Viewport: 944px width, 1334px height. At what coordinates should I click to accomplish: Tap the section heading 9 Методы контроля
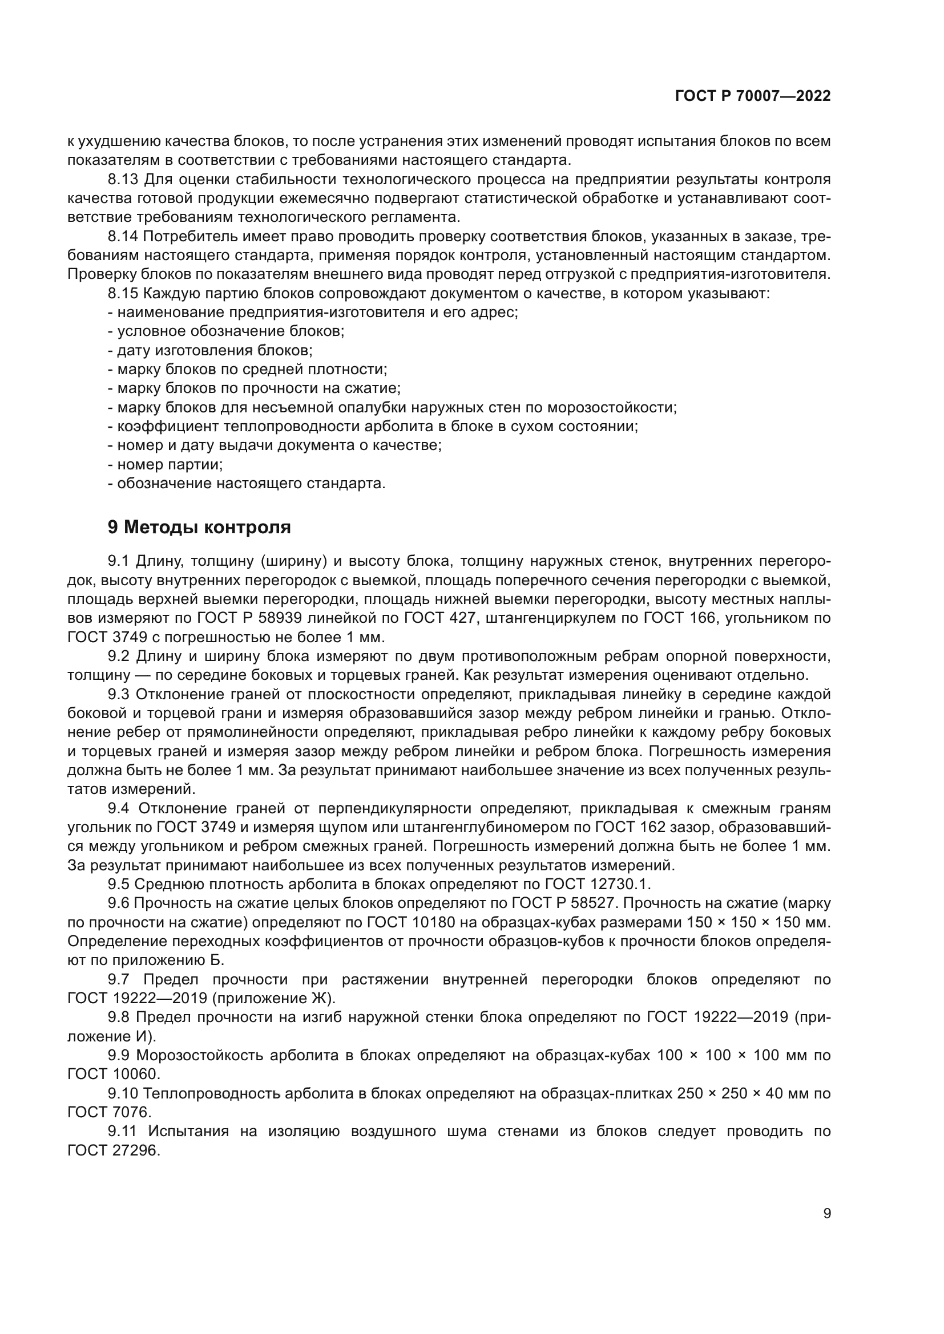tap(199, 528)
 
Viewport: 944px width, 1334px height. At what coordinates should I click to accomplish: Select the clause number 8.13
tap(123, 180)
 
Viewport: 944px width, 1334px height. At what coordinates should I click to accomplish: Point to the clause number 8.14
tap(123, 237)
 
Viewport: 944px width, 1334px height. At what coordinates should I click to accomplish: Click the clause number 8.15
tap(123, 293)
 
